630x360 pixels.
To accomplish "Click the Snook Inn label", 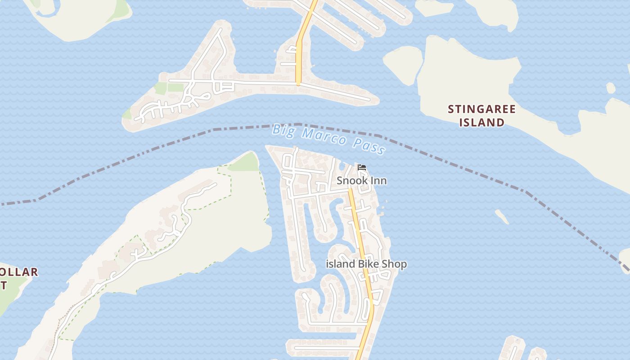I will point(362,180).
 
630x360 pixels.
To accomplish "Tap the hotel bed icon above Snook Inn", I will point(361,168).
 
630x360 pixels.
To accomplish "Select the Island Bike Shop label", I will point(366,264).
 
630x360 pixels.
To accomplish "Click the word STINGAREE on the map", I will point(482,109).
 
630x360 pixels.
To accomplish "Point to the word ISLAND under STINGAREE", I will point(482,122).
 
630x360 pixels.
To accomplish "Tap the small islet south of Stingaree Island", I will point(502,216).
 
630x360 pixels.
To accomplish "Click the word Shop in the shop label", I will point(394,264).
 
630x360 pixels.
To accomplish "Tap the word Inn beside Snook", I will point(378,180).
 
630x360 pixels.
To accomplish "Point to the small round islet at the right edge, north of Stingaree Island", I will point(610,88).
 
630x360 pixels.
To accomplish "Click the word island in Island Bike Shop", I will point(340,264).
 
